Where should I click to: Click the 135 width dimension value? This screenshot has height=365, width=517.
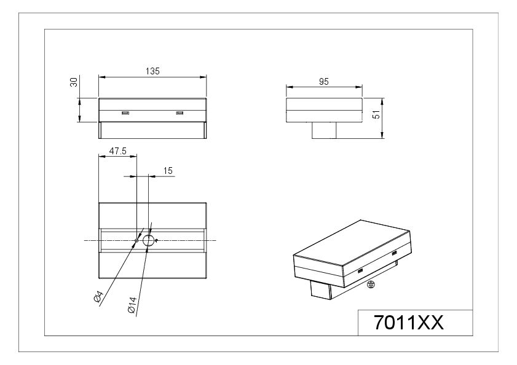click(152, 71)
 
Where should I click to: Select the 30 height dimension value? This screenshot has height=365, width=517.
click(74, 82)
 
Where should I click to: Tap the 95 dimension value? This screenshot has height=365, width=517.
click(324, 82)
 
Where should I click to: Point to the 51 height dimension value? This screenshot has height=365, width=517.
click(376, 114)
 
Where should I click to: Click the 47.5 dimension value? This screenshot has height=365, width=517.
click(118, 151)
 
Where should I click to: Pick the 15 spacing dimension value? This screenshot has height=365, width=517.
click(168, 170)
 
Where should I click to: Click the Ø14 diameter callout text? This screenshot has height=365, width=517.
click(132, 305)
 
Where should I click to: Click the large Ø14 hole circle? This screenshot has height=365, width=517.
click(148, 235)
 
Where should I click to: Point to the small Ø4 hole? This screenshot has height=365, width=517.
click(136, 241)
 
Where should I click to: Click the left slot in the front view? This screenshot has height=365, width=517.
click(125, 113)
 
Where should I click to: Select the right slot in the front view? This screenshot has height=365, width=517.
click(180, 113)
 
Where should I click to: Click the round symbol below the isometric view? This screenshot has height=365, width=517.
click(371, 284)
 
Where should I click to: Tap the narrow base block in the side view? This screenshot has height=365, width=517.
click(324, 130)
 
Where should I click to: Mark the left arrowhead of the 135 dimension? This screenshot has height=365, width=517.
click(102, 77)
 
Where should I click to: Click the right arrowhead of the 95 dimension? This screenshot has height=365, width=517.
click(359, 87)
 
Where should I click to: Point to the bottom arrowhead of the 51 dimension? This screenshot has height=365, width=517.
click(382, 135)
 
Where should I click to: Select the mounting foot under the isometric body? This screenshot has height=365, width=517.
click(320, 290)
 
